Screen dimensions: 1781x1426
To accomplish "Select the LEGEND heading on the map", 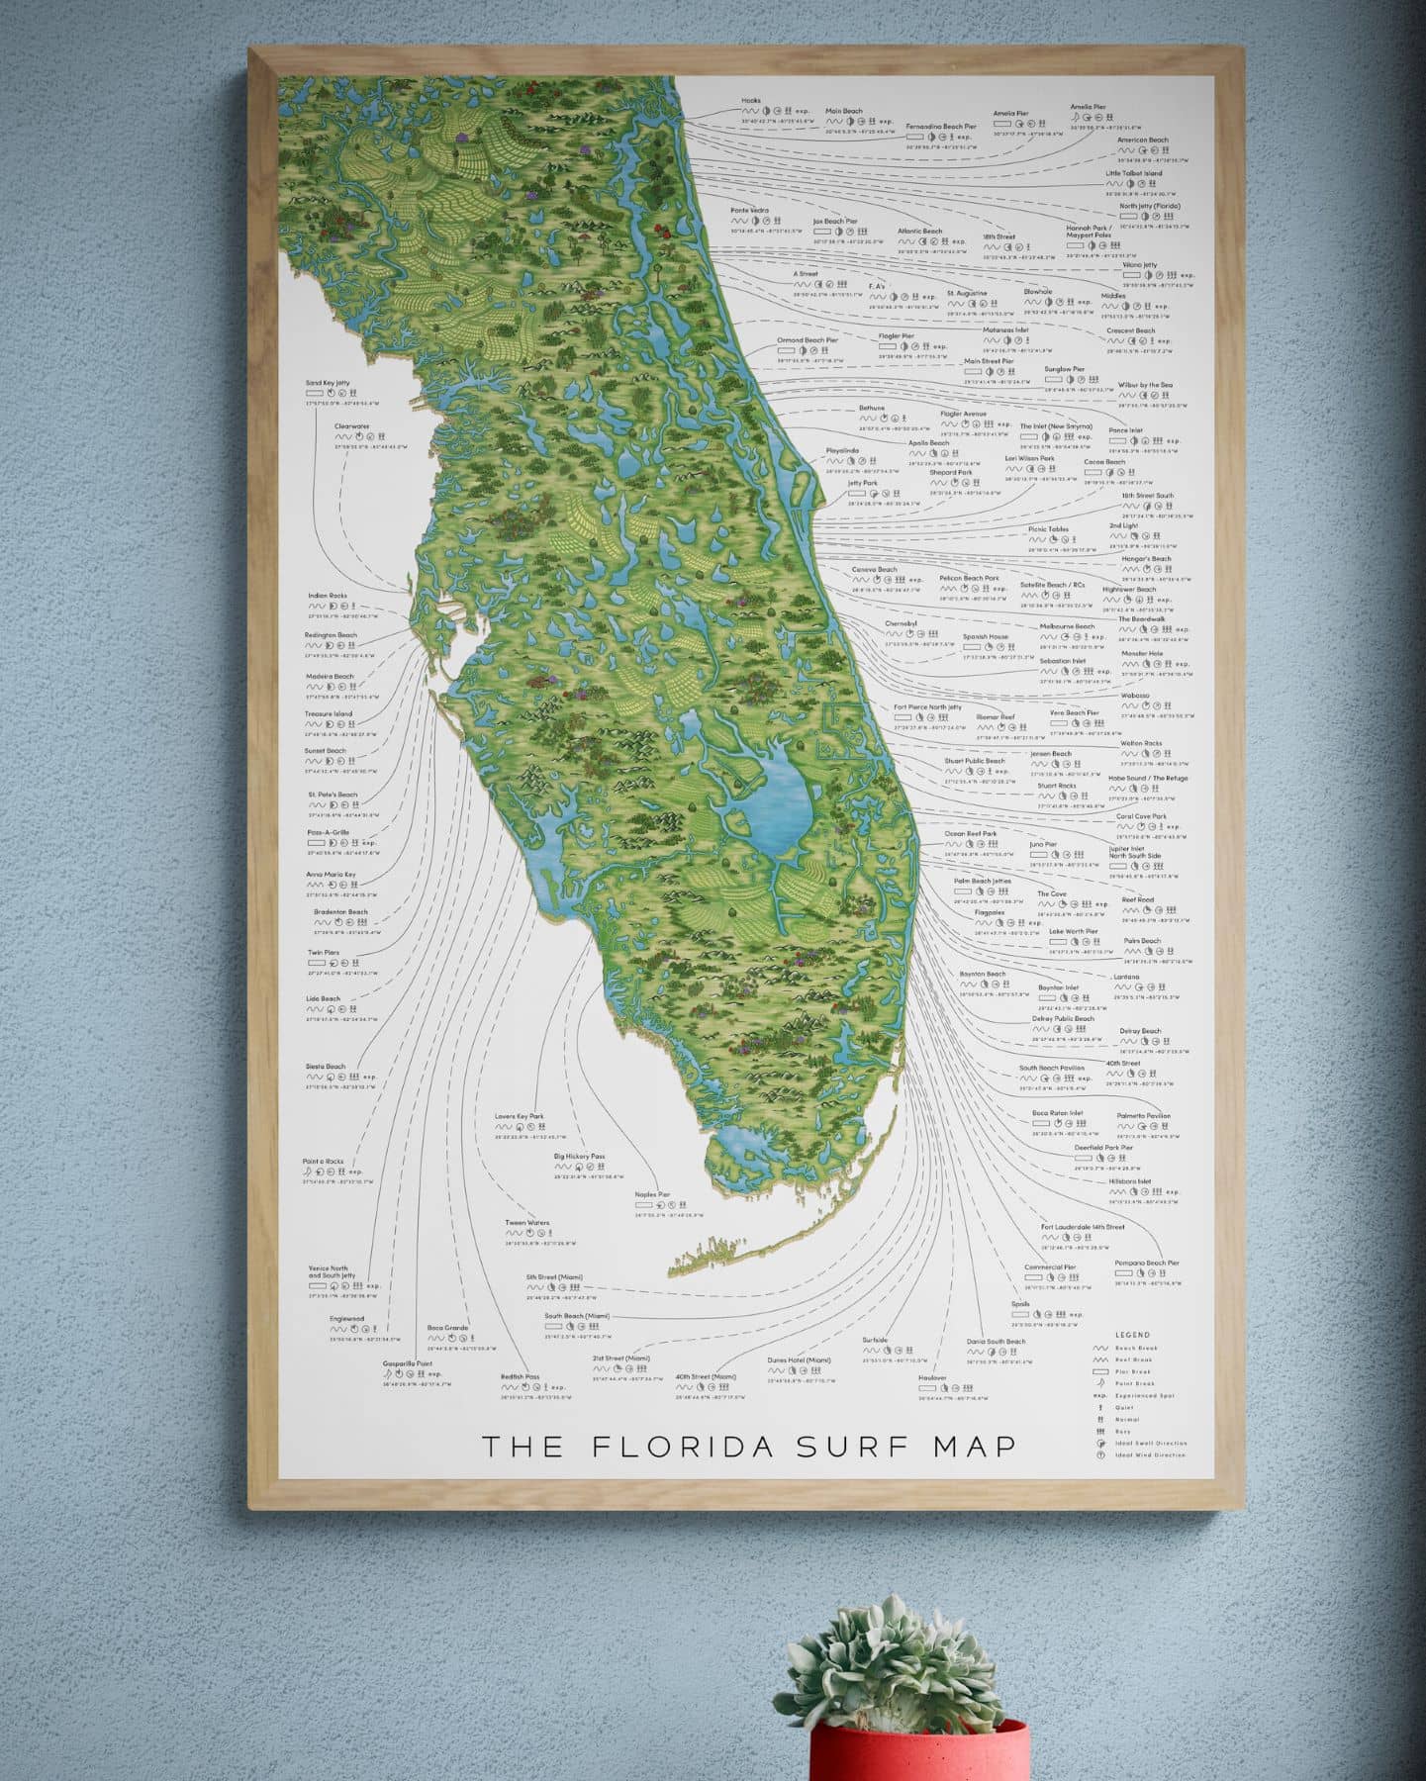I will pos(1132,1335).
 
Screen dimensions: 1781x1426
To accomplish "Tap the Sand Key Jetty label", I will pos(329,382).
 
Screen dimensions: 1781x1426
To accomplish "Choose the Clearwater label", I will pos(351,426).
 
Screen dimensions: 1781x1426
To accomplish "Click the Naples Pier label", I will pos(652,1194).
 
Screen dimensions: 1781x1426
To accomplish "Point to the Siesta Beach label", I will pos(326,1067).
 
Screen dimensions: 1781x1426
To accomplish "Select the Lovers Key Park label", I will pos(520,1116).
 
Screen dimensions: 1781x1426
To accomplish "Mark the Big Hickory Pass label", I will pos(579,1156).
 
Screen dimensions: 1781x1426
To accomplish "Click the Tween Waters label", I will pos(526,1223).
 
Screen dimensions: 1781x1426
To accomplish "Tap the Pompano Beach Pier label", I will pos(1146,1263).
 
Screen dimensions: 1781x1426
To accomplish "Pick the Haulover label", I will pos(932,1377).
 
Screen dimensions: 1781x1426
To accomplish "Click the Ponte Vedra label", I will pos(750,210).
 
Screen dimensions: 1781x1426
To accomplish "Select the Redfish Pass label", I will pos(520,1376).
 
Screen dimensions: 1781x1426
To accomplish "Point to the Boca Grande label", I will pos(447,1328).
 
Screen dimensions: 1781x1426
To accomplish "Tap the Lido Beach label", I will pos(323,998).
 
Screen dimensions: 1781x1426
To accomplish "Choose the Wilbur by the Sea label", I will pos(1145,385).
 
